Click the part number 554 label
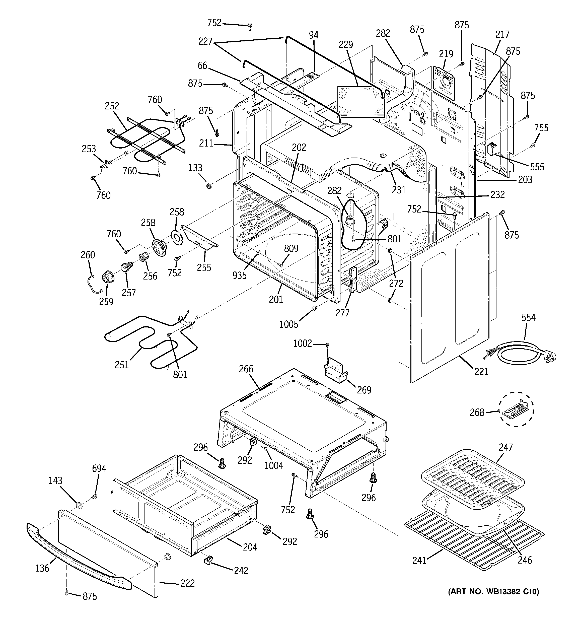point(528,318)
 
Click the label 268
point(477,413)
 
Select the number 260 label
point(88,255)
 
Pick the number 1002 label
point(302,343)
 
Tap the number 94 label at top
point(314,35)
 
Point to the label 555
point(537,167)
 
